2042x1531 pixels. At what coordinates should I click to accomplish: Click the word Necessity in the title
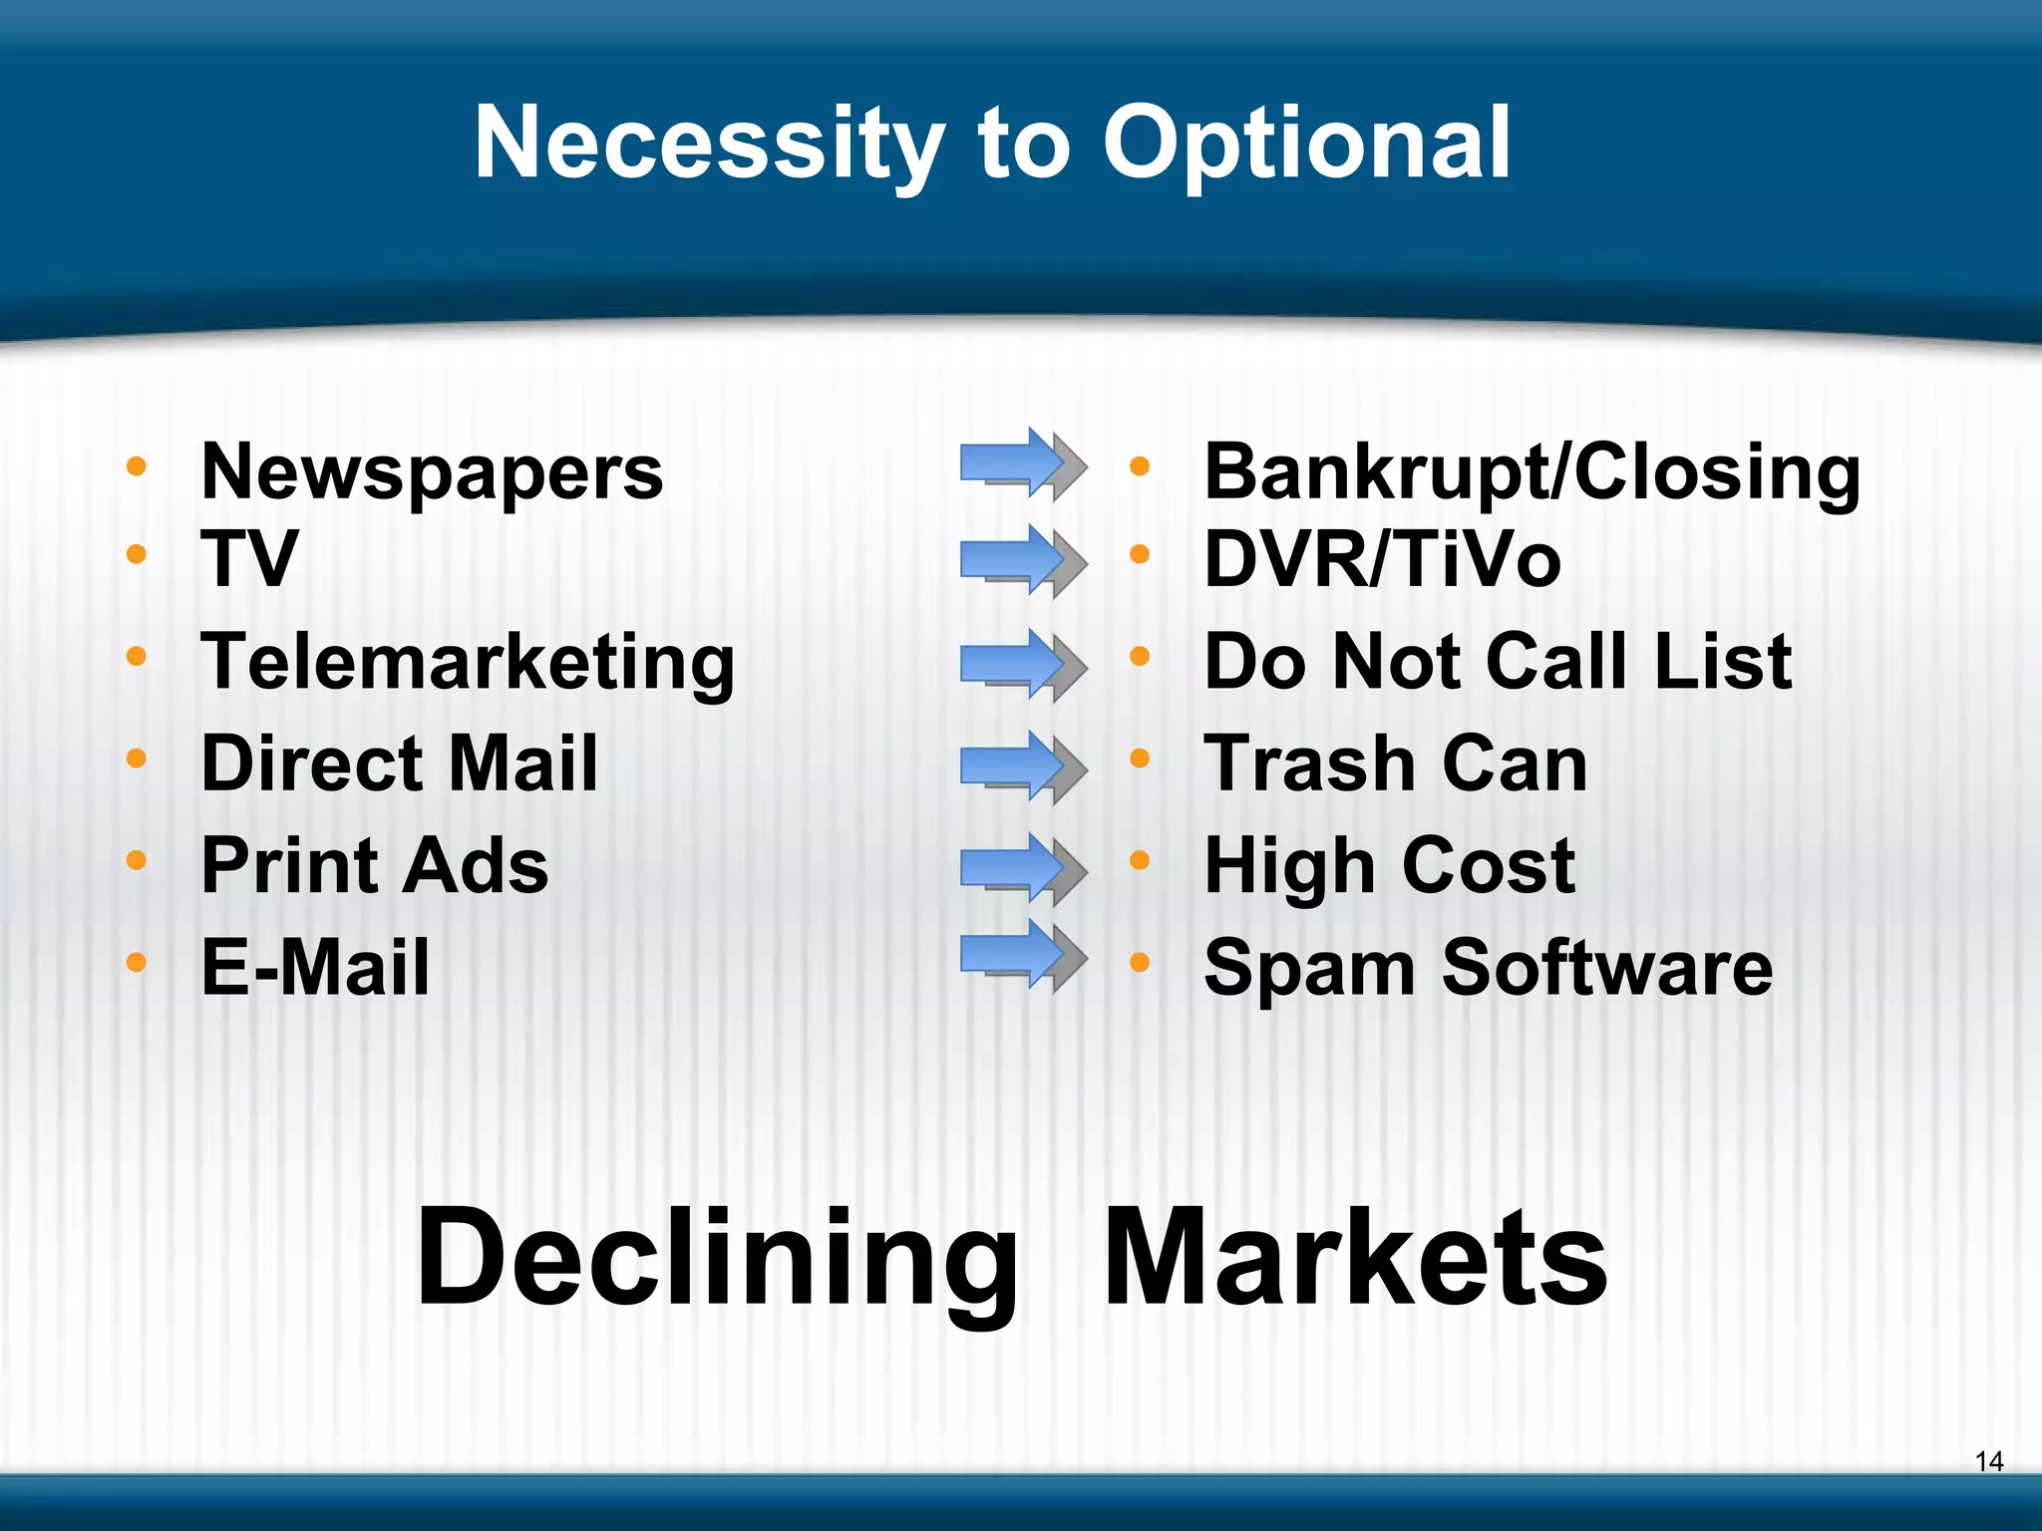709,145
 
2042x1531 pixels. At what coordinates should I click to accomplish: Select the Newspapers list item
432,471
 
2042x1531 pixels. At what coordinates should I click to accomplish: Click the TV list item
249,558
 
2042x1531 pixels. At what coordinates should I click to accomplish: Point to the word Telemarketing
468,663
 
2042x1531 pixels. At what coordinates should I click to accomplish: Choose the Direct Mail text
399,764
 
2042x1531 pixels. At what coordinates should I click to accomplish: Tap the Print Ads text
374,865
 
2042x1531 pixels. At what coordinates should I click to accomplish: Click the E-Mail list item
315,967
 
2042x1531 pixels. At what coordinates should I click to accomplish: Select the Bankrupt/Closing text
1531,471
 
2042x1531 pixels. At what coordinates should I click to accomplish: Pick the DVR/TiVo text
1382,559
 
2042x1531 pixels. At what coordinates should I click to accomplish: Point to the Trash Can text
1395,764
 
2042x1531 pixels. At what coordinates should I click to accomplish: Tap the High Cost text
1389,865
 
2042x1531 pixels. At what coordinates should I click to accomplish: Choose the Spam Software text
1488,967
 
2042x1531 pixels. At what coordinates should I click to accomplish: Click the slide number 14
1988,1461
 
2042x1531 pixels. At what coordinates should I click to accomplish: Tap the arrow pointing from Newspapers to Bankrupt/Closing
1022,463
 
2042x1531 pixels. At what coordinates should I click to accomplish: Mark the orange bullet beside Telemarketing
137,656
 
